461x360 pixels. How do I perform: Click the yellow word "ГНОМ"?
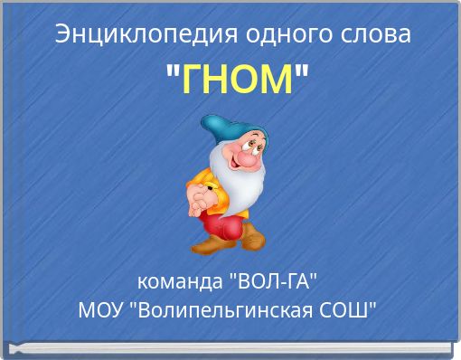pos(239,81)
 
